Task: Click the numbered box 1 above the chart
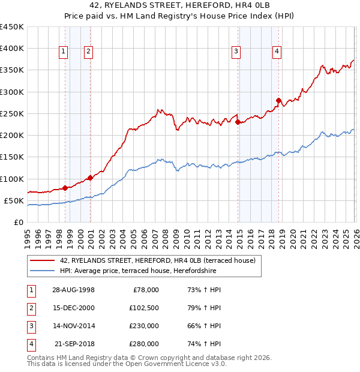[x=63, y=52]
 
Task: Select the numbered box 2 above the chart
[x=88, y=52]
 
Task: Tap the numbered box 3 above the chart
[x=236, y=52]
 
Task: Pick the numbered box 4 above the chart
[x=277, y=52]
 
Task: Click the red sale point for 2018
[x=278, y=100]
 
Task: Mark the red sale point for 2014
[x=238, y=122]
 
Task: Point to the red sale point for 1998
[x=65, y=188]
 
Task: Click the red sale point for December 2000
[x=90, y=178]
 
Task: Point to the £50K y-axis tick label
[x=14, y=201]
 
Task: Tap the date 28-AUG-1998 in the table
[x=73, y=290]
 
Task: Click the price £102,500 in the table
[x=143, y=308]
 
